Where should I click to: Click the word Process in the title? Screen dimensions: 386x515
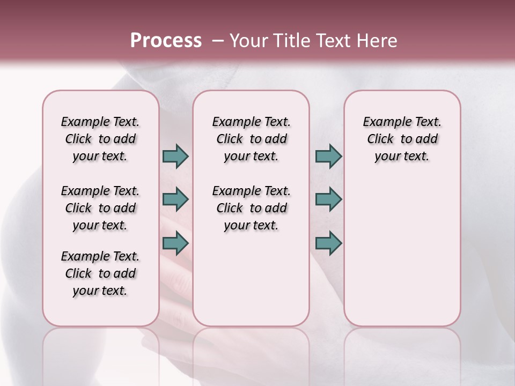pos(166,41)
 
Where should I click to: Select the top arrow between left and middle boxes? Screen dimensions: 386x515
pos(175,156)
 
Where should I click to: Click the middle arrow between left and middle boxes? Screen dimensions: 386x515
pos(175,199)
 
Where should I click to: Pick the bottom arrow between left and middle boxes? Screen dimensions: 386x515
pos(175,243)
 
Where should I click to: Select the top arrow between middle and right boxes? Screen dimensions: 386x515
pos(328,156)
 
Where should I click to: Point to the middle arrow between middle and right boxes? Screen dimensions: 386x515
pos(328,199)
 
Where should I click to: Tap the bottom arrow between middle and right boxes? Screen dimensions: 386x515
pos(328,243)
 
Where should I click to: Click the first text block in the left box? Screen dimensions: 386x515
pos(100,139)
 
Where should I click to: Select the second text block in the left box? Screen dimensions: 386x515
pos(100,208)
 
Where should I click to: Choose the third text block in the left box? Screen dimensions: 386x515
pos(100,273)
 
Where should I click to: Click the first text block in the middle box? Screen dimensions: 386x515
pos(251,139)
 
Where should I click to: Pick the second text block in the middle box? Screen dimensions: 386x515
pos(251,208)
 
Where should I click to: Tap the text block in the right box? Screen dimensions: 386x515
pos(402,139)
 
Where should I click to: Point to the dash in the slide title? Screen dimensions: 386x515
pos(217,41)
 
